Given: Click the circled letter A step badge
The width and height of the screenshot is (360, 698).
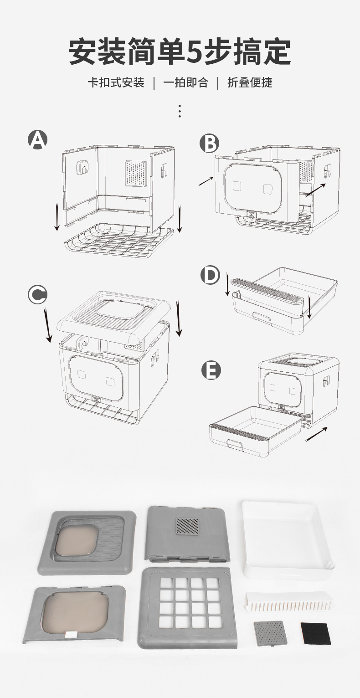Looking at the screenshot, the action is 38,139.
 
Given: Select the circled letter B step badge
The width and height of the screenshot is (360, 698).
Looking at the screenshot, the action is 210,143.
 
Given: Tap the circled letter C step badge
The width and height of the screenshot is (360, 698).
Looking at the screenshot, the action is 37,294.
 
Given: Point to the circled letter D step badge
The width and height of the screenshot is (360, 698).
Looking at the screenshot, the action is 210,275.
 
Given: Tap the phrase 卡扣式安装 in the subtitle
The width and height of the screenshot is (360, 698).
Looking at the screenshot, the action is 116,82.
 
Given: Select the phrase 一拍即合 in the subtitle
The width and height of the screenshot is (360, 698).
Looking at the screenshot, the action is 185,82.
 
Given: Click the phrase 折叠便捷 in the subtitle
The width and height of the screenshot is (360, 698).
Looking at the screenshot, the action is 250,82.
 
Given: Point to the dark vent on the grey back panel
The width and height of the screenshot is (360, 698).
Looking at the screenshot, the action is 188,525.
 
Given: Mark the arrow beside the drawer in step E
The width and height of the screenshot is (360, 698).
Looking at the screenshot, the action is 316,434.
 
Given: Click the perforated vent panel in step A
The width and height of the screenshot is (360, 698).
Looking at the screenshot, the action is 136,173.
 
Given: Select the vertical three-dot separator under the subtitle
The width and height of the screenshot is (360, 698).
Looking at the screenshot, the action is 180,111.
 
